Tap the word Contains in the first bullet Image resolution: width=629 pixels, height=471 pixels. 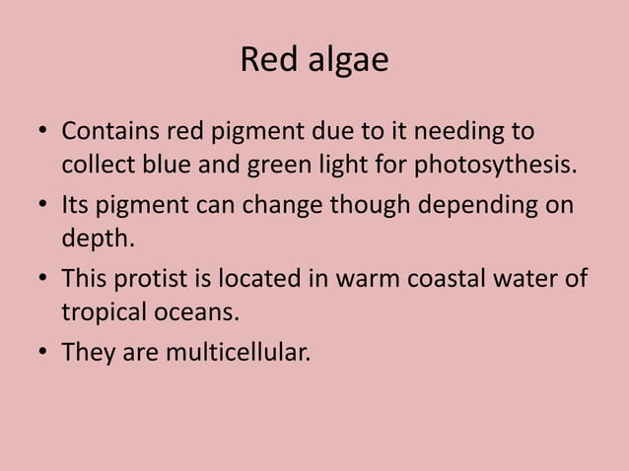(110, 131)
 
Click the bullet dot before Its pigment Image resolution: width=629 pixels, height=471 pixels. (44, 206)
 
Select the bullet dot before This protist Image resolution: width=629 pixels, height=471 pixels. (44, 280)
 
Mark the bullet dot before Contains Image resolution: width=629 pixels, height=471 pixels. (44, 132)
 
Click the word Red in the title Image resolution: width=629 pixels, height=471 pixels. (262, 62)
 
